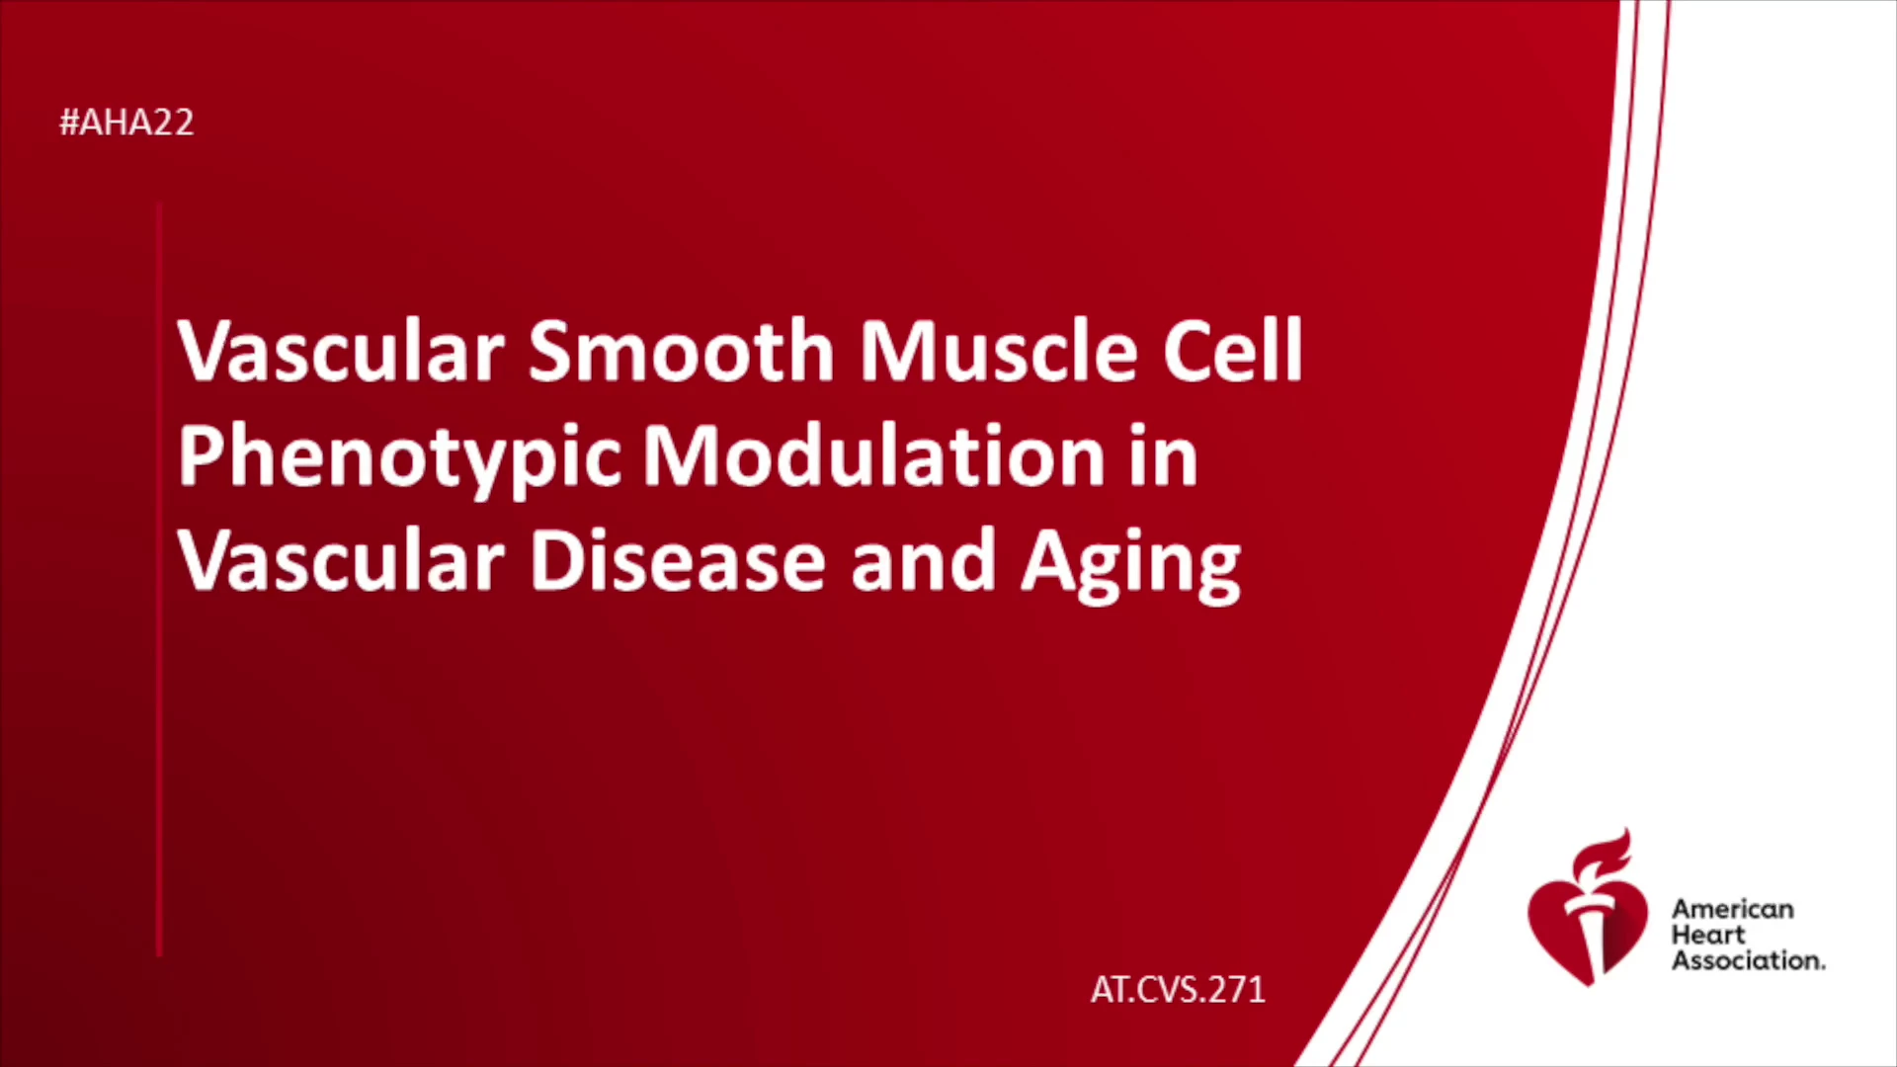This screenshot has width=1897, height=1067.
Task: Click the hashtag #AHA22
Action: point(126,123)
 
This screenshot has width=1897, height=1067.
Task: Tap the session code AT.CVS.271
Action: point(1178,989)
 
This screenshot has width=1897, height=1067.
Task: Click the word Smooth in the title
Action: point(682,350)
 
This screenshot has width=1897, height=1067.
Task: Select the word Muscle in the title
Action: point(998,350)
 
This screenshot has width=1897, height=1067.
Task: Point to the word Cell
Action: point(1233,350)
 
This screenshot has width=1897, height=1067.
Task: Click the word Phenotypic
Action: point(399,458)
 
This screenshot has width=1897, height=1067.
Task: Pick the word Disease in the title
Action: point(678,560)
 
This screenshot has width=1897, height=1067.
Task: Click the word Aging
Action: point(1130,563)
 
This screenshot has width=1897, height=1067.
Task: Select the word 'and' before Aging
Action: point(923,560)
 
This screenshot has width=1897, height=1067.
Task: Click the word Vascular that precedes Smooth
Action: point(341,350)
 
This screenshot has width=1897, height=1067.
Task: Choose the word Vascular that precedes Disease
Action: point(341,560)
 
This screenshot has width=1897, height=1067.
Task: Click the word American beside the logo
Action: point(1732,909)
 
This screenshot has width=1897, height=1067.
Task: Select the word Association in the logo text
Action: point(1748,960)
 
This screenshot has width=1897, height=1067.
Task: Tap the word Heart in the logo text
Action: point(1708,935)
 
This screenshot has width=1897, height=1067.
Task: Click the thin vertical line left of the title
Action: point(159,580)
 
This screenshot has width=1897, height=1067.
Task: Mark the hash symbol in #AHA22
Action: point(69,123)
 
